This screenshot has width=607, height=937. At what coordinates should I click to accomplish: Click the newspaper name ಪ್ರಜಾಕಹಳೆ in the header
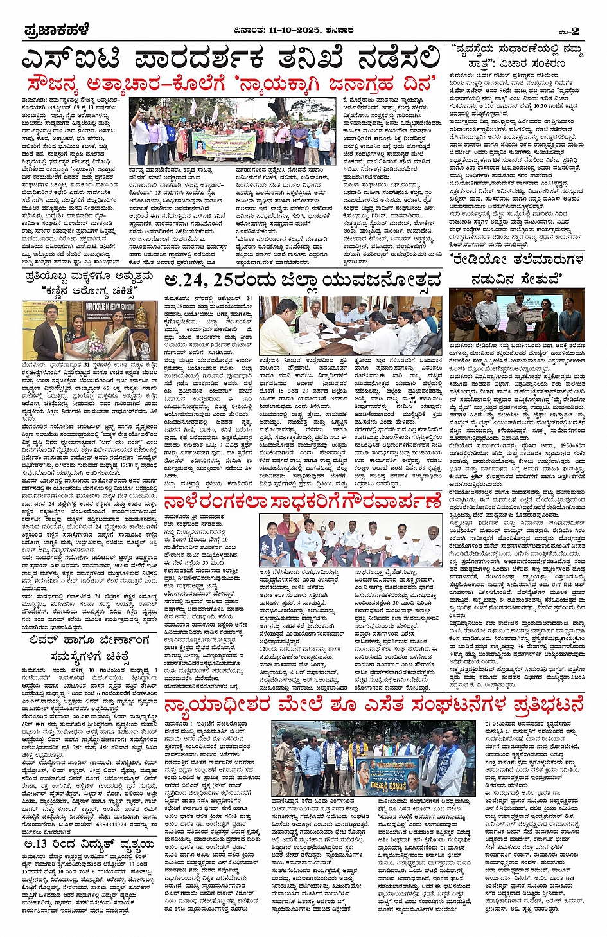pyautogui.click(x=57, y=30)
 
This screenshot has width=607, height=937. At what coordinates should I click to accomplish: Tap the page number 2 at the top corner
pyautogui.click(x=576, y=31)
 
